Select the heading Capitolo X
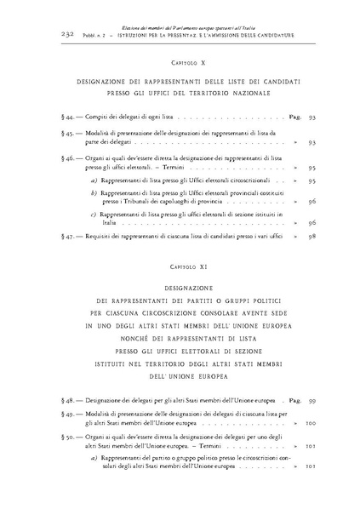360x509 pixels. coord(180,64)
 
